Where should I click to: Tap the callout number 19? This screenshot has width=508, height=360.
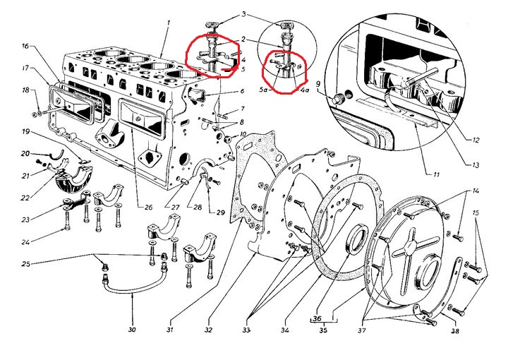click(25, 132)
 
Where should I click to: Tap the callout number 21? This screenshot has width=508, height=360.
click(25, 176)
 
